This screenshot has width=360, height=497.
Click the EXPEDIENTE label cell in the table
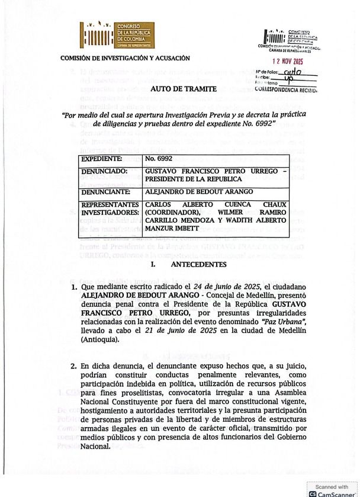click(102, 159)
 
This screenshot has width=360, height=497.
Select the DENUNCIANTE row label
click(107, 192)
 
